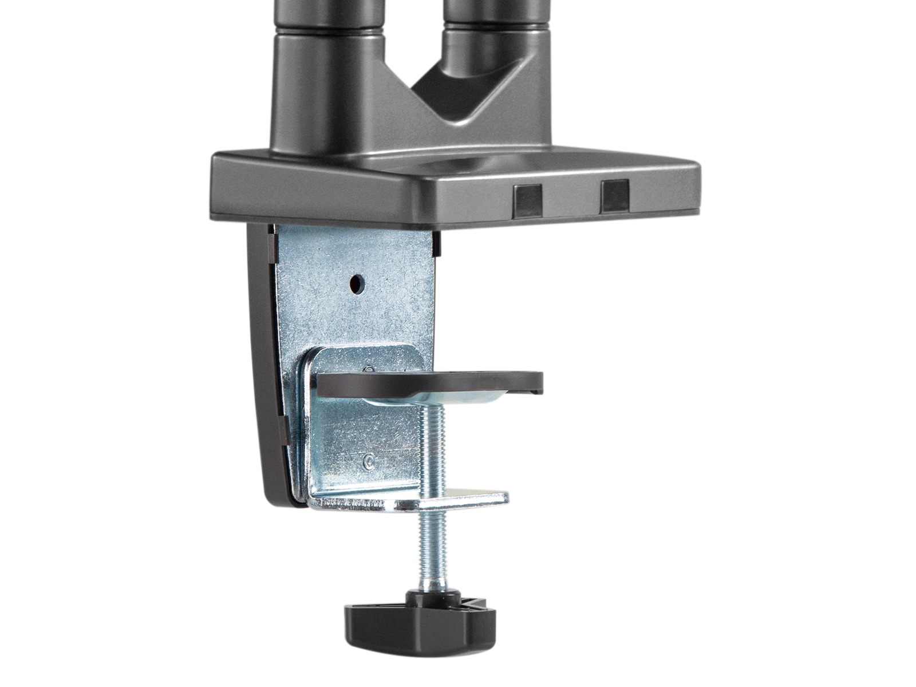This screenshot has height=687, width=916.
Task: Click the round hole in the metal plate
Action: pyautogui.click(x=357, y=282)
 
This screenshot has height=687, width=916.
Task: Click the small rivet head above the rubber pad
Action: pyautogui.click(x=370, y=368)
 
